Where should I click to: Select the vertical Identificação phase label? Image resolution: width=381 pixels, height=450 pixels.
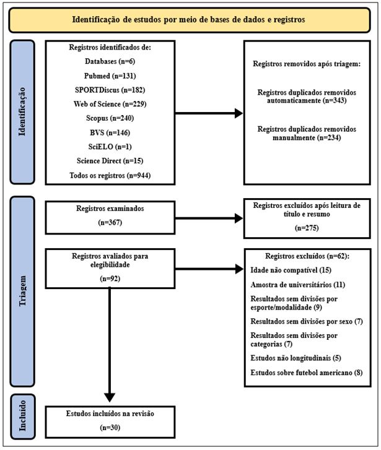pos(24,112)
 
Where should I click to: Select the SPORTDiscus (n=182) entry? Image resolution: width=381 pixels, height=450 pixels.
pos(110,89)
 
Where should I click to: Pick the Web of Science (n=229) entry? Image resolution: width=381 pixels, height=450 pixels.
pos(110,103)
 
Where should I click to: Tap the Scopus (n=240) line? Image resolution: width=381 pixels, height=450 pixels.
pos(110,118)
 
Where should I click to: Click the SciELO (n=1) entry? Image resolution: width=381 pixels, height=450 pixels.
pos(110,147)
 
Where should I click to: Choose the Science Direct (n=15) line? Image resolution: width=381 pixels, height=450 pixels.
pos(110,161)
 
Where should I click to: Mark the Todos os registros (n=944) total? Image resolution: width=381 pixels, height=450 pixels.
pos(110,176)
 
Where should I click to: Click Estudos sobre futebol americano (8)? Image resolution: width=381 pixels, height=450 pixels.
pos(298,373)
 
